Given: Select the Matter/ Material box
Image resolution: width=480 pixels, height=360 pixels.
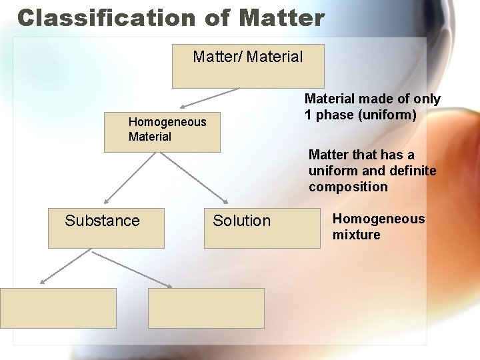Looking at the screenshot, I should (x=248, y=66).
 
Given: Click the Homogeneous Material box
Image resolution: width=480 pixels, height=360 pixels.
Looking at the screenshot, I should (x=162, y=130).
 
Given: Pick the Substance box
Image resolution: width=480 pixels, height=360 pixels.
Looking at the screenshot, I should (x=106, y=228).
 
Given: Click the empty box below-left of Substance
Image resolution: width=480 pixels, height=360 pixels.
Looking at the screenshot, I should (x=58, y=308).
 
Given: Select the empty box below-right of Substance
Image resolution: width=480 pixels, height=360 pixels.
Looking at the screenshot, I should (x=206, y=308).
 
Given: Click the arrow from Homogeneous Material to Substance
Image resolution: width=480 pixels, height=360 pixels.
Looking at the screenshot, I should (x=131, y=177).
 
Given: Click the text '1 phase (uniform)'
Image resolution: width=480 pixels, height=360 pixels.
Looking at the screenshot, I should (x=361, y=115).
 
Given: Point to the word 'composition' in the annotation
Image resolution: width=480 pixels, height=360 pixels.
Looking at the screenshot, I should (x=348, y=187).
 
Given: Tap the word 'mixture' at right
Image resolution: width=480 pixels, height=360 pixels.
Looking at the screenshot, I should (x=357, y=235).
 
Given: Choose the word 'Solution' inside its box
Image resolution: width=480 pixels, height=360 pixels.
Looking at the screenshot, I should (x=242, y=221).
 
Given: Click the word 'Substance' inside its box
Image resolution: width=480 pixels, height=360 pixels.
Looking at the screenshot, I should (x=102, y=221).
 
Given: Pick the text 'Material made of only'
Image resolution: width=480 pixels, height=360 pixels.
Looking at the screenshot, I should (x=373, y=99).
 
